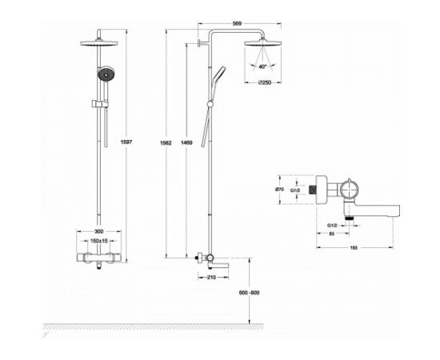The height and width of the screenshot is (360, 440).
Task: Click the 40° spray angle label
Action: pyautogui.click(x=262, y=68)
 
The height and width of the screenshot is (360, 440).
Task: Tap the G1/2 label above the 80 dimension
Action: pyautogui.click(x=330, y=226)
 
